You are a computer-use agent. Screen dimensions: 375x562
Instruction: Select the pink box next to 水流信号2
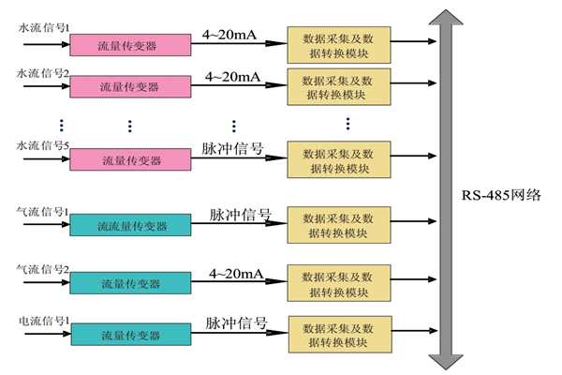pos(129,86)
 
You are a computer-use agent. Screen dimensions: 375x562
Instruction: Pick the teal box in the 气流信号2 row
pos(129,283)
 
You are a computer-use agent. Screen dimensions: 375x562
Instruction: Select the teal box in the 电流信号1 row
pos(129,334)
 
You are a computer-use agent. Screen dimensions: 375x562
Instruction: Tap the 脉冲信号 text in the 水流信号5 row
pos(231,149)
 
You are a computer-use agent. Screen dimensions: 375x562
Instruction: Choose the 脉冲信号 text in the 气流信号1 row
pos(240,215)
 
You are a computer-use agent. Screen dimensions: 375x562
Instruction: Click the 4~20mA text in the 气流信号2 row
pos(235,273)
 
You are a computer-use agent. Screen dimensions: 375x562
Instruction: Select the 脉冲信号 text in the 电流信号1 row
pos(235,323)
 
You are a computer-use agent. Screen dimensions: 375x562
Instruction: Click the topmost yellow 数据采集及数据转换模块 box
pos(333,43)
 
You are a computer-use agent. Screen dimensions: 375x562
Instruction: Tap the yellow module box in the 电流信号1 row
pos(333,334)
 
